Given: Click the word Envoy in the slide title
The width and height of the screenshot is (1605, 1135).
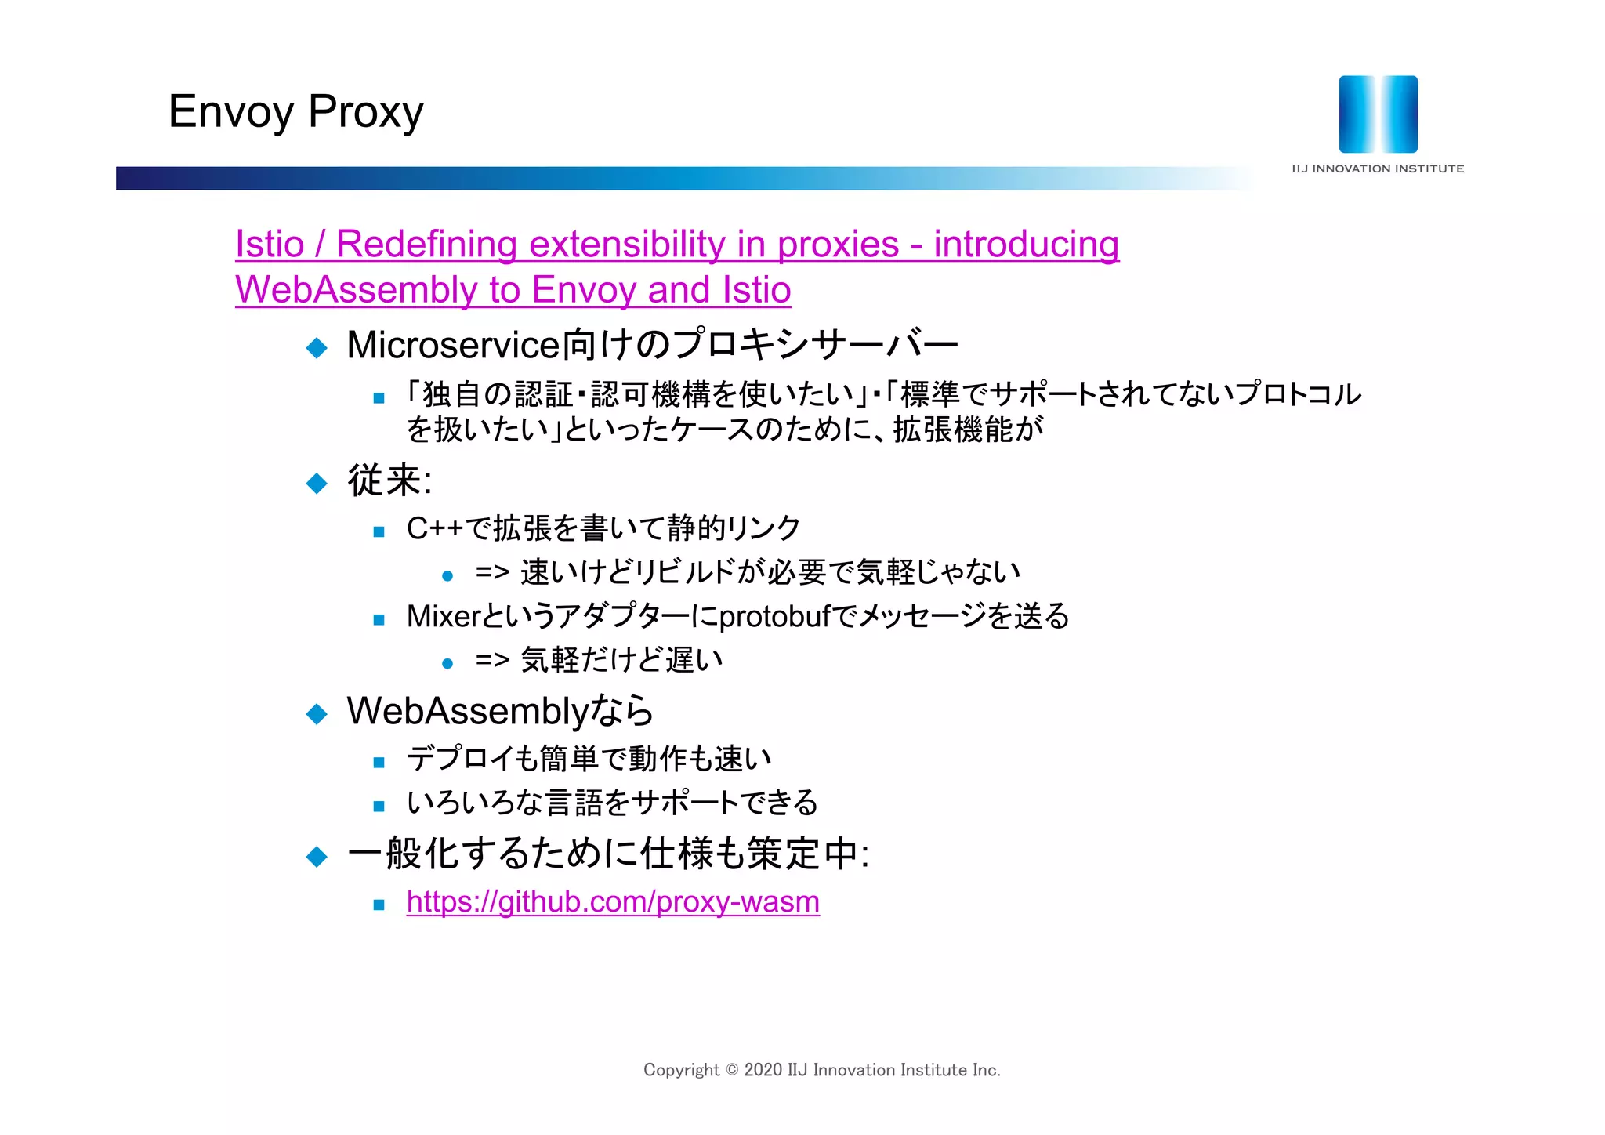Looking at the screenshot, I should (x=230, y=111).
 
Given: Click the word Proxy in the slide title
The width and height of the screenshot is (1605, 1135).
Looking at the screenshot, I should (x=365, y=111).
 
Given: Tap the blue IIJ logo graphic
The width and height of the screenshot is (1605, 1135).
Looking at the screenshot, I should (x=1378, y=114).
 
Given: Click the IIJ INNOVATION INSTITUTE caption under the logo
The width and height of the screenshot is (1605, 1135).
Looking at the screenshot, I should (x=1378, y=169).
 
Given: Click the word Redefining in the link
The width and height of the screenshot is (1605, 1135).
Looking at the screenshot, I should (x=427, y=244).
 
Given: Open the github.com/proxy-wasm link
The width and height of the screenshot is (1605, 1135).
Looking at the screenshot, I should (x=613, y=901).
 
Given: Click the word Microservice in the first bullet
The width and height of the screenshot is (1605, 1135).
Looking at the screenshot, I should (x=454, y=345).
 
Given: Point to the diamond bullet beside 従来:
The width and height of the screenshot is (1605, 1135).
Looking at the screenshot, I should (x=317, y=483).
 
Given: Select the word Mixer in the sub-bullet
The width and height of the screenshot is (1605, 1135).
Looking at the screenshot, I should (x=442, y=616).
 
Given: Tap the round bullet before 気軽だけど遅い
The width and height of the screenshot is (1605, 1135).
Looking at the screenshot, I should (x=447, y=664).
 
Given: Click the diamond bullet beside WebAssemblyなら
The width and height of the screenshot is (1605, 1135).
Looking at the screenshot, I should (x=317, y=713).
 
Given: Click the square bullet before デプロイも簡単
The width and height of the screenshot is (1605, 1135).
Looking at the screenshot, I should (x=379, y=762).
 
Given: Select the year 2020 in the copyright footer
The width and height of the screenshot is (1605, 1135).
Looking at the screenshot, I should (x=763, y=1070).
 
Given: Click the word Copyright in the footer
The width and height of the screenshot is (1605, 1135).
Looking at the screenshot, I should (x=681, y=1070).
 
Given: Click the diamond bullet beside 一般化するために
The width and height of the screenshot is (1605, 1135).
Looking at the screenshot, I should (x=317, y=856).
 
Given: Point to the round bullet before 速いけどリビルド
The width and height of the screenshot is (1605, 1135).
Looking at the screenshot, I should (x=447, y=576).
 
